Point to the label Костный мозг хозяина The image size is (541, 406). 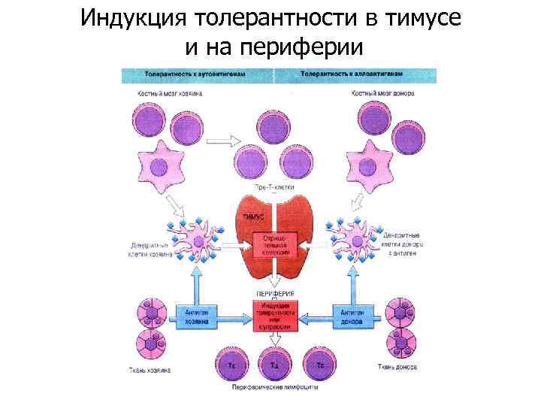click(169, 93)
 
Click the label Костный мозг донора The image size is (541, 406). click(383, 93)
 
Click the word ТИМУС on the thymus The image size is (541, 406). click(254, 217)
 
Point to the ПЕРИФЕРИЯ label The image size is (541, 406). click(274, 292)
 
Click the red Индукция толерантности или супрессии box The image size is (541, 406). click(274, 315)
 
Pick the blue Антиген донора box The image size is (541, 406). click(351, 316)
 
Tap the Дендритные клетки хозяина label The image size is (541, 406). click(151, 249)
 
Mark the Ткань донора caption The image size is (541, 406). click(395, 367)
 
